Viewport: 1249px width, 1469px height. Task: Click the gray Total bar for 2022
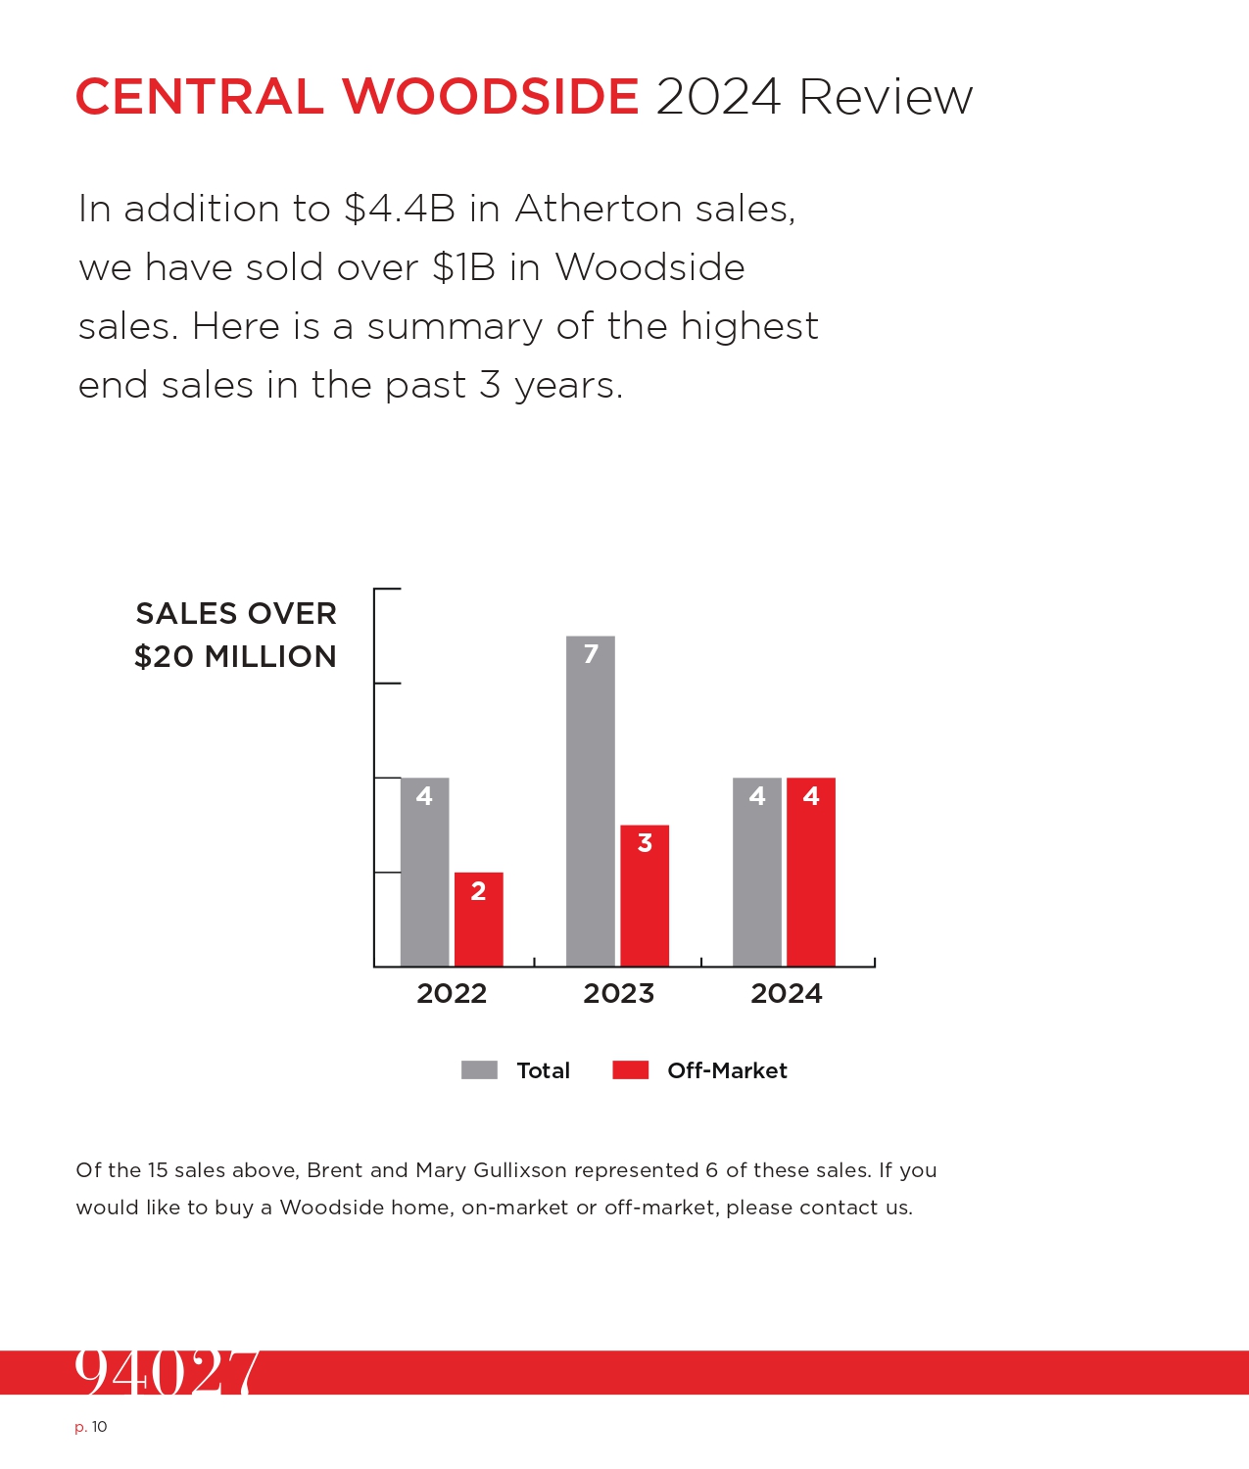424,872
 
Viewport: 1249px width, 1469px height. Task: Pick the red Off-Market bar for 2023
645,895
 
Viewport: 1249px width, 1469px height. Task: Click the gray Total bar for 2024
757,872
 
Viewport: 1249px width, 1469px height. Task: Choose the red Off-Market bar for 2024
811,872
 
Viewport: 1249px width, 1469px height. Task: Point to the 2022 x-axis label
452,993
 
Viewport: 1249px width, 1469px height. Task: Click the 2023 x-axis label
618,993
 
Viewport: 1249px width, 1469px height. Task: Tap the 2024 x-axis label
787,993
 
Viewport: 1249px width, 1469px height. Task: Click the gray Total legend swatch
479,1070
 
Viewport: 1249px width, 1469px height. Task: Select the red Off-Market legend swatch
631,1070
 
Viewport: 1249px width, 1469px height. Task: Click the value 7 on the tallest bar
591,653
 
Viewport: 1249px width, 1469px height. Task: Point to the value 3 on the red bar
645,842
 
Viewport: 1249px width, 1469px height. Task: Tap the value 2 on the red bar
478,891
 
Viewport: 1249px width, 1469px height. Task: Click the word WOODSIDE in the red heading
490,96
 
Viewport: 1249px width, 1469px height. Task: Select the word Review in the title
886,96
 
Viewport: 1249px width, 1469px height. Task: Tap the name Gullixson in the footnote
520,1170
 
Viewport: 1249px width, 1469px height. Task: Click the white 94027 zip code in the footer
167,1372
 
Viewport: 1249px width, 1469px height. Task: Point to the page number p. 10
91,1427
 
